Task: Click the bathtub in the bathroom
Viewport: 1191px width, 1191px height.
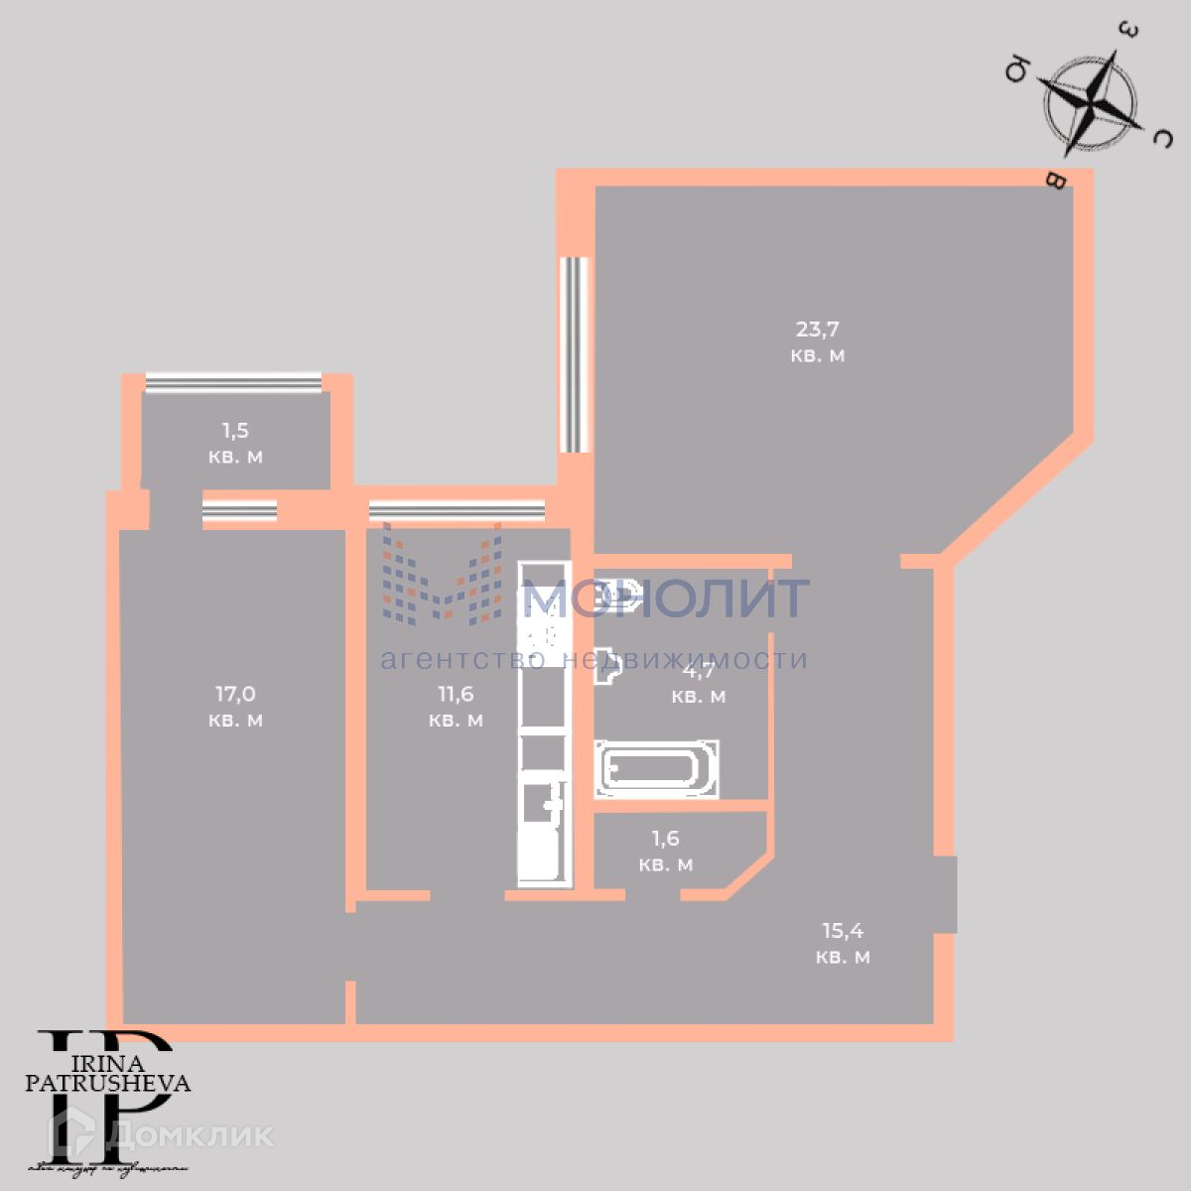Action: point(657,769)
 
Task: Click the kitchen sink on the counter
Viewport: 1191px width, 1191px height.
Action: point(543,804)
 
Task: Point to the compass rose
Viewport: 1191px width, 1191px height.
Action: point(1090,102)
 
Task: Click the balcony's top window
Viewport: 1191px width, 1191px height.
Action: point(233,382)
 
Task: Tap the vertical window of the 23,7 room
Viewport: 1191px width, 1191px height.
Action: point(574,354)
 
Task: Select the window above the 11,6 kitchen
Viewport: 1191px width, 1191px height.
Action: point(457,510)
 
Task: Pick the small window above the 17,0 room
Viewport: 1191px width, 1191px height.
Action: point(239,510)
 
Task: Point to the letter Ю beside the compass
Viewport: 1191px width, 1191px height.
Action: point(1017,70)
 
